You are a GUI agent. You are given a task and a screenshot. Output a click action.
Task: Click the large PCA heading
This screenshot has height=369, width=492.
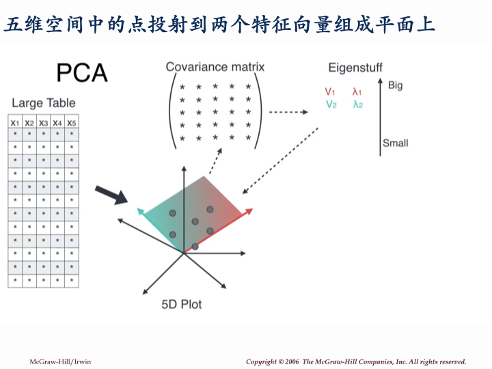point(82,72)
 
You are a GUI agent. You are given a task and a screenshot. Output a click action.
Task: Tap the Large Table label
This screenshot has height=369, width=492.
point(44,103)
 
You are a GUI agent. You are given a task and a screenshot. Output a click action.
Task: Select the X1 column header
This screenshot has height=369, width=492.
point(15,123)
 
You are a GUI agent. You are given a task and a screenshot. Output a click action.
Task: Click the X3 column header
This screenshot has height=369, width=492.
point(44,123)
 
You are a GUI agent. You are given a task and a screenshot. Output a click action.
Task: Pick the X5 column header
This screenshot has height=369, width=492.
point(72,123)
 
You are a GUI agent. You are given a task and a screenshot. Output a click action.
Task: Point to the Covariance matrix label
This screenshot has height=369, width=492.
point(215,67)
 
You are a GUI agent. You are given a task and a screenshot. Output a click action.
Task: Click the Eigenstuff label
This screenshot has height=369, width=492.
point(355,68)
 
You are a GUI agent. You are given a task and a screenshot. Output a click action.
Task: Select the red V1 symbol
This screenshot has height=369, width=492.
point(330,92)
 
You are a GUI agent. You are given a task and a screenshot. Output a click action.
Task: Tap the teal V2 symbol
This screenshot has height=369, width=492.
point(331,105)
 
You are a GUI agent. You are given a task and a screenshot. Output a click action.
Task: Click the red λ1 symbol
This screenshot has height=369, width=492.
point(357,92)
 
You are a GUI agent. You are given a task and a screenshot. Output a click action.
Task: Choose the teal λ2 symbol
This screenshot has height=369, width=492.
point(357,105)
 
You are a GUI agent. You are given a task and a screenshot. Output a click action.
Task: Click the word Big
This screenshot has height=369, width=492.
point(395,85)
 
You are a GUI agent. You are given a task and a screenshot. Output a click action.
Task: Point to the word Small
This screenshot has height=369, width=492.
point(395,143)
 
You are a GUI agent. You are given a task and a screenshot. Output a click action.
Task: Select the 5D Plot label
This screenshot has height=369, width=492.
point(182,304)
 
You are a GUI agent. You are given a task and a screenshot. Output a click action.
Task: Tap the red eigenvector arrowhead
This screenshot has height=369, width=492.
point(249,212)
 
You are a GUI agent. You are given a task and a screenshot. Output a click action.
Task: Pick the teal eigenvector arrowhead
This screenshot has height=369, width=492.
point(141,212)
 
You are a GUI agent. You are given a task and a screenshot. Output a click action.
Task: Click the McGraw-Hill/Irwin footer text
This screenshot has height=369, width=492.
point(59,361)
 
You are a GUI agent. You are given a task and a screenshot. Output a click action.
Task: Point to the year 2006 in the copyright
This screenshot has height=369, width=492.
point(290,361)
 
